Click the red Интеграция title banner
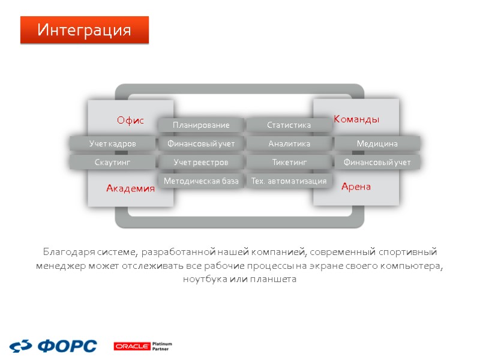84,30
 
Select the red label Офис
130,121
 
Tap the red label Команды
356,119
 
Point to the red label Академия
130,188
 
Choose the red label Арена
356,187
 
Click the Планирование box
201,125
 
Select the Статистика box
289,125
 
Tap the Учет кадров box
112,143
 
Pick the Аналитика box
289,143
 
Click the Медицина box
377,143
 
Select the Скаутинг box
112,162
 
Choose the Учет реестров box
201,162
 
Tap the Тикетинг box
289,162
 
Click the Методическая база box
201,181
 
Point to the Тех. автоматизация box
289,181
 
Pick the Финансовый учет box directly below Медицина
377,162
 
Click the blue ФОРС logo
53,346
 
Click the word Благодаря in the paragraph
64,251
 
